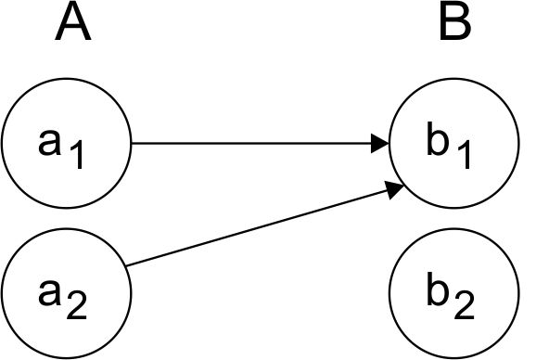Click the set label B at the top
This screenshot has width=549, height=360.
tap(454, 24)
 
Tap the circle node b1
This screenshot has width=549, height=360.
tap(454, 144)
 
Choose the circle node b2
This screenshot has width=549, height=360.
tap(454, 295)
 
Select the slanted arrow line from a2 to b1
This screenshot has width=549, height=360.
tap(260, 227)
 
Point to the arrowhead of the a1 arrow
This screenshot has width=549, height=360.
tap(379, 144)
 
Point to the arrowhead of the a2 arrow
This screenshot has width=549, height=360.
tap(393, 191)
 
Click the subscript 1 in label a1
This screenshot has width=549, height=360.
tap(78, 156)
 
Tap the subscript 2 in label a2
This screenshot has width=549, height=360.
tap(78, 307)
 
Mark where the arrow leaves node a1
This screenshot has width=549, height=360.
tap(133, 144)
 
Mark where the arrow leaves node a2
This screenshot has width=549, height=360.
tap(126, 267)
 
